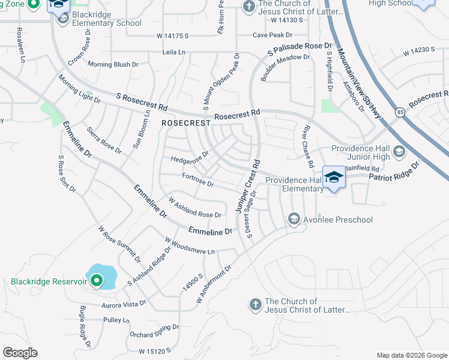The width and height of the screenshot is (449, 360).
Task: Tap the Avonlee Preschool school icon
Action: (x=294, y=218)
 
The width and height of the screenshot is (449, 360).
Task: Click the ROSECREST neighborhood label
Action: (x=186, y=122)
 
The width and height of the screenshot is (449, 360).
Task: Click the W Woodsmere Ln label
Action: (x=190, y=247)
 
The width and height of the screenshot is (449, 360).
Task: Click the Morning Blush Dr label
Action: (x=113, y=64)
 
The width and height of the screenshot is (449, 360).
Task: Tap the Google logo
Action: (x=20, y=353)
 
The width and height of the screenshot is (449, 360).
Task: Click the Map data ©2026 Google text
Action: (x=411, y=355)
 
